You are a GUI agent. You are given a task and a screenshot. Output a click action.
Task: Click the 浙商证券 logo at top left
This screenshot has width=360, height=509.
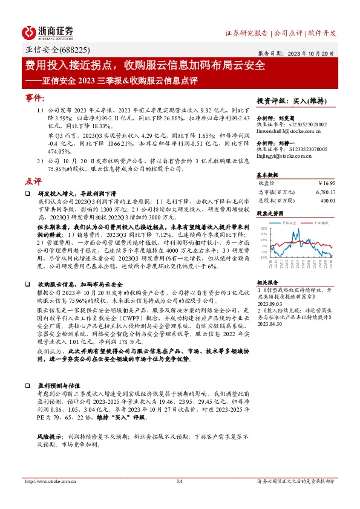(48, 32)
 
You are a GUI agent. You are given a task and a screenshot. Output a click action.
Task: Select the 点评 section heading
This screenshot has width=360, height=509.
(33, 181)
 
